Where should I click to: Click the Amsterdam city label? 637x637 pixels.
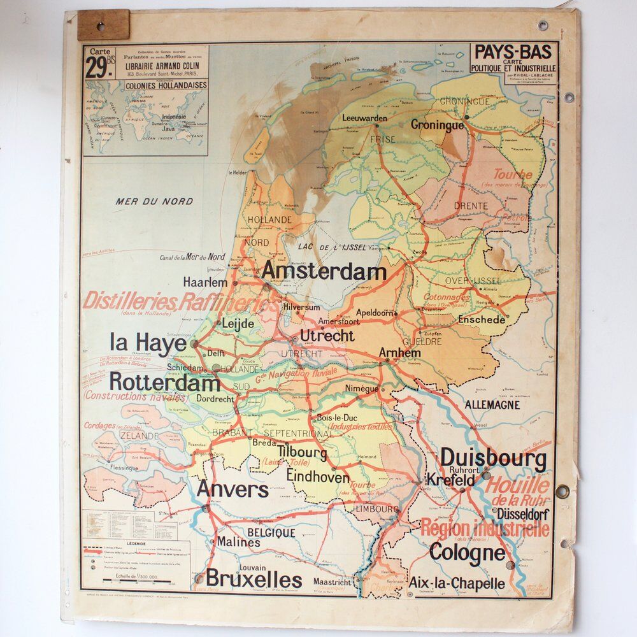click(x=324, y=271)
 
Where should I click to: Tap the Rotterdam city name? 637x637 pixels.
click(x=164, y=383)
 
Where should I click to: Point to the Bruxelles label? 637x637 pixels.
click(x=254, y=580)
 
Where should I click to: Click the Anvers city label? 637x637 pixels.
click(x=233, y=489)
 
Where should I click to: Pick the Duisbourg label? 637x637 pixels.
click(x=493, y=458)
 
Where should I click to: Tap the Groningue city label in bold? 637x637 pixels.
click(x=437, y=125)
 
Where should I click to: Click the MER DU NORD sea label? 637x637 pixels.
click(x=154, y=201)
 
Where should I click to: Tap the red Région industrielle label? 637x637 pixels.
click(x=484, y=528)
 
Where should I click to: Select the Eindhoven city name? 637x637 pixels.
click(x=318, y=476)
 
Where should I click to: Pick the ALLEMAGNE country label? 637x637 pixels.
click(x=492, y=404)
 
